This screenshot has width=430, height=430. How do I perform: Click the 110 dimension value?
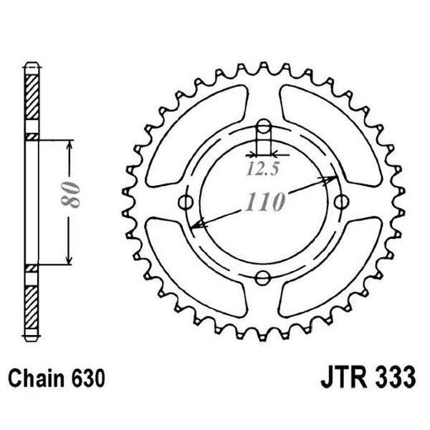click(x=265, y=201)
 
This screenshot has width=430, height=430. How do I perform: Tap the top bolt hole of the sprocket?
click(x=263, y=127)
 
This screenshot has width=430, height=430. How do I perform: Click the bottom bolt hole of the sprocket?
click(x=263, y=276)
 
